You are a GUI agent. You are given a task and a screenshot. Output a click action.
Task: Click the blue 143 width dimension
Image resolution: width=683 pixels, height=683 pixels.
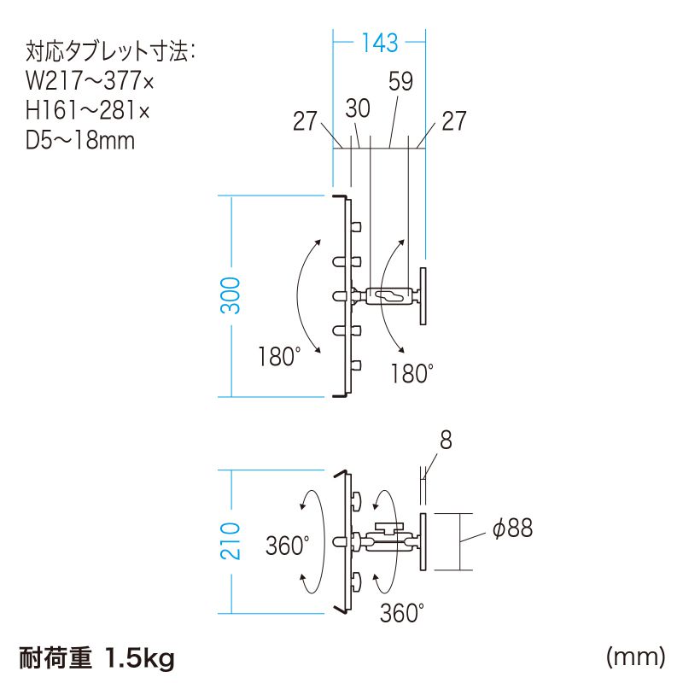pyautogui.click(x=379, y=40)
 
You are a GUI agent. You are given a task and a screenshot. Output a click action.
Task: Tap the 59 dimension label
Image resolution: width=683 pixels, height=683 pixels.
pyautogui.click(x=400, y=82)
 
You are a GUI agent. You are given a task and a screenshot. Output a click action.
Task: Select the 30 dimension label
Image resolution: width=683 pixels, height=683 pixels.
pyautogui.click(x=358, y=108)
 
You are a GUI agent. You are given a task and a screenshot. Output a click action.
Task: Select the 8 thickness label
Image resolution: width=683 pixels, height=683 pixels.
pyautogui.click(x=445, y=441)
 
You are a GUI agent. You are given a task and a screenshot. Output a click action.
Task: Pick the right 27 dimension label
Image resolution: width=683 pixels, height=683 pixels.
pyautogui.click(x=454, y=121)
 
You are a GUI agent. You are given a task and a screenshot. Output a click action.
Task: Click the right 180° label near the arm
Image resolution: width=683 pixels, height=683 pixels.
pyautogui.click(x=412, y=373)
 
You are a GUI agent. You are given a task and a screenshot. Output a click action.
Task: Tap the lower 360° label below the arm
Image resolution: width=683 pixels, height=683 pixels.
pyautogui.click(x=401, y=612)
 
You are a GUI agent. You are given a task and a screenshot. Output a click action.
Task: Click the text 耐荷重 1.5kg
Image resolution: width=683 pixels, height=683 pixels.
pyautogui.click(x=96, y=658)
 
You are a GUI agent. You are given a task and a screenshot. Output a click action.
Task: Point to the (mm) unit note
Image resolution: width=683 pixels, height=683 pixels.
pyautogui.click(x=635, y=657)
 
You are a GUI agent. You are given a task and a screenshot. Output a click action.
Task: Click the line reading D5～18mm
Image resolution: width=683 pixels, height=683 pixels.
pyautogui.click(x=80, y=139)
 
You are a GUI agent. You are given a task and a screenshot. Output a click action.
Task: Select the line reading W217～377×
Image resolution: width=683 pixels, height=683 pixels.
pyautogui.click(x=89, y=83)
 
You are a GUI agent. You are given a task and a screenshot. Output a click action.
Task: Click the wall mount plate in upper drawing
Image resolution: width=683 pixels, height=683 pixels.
pyautogui.click(x=424, y=296)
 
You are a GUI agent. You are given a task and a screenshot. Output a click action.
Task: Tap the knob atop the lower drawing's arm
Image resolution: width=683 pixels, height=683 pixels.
pyautogui.click(x=388, y=527)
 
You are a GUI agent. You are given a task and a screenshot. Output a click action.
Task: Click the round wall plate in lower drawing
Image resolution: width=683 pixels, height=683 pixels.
pyautogui.click(x=424, y=541)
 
